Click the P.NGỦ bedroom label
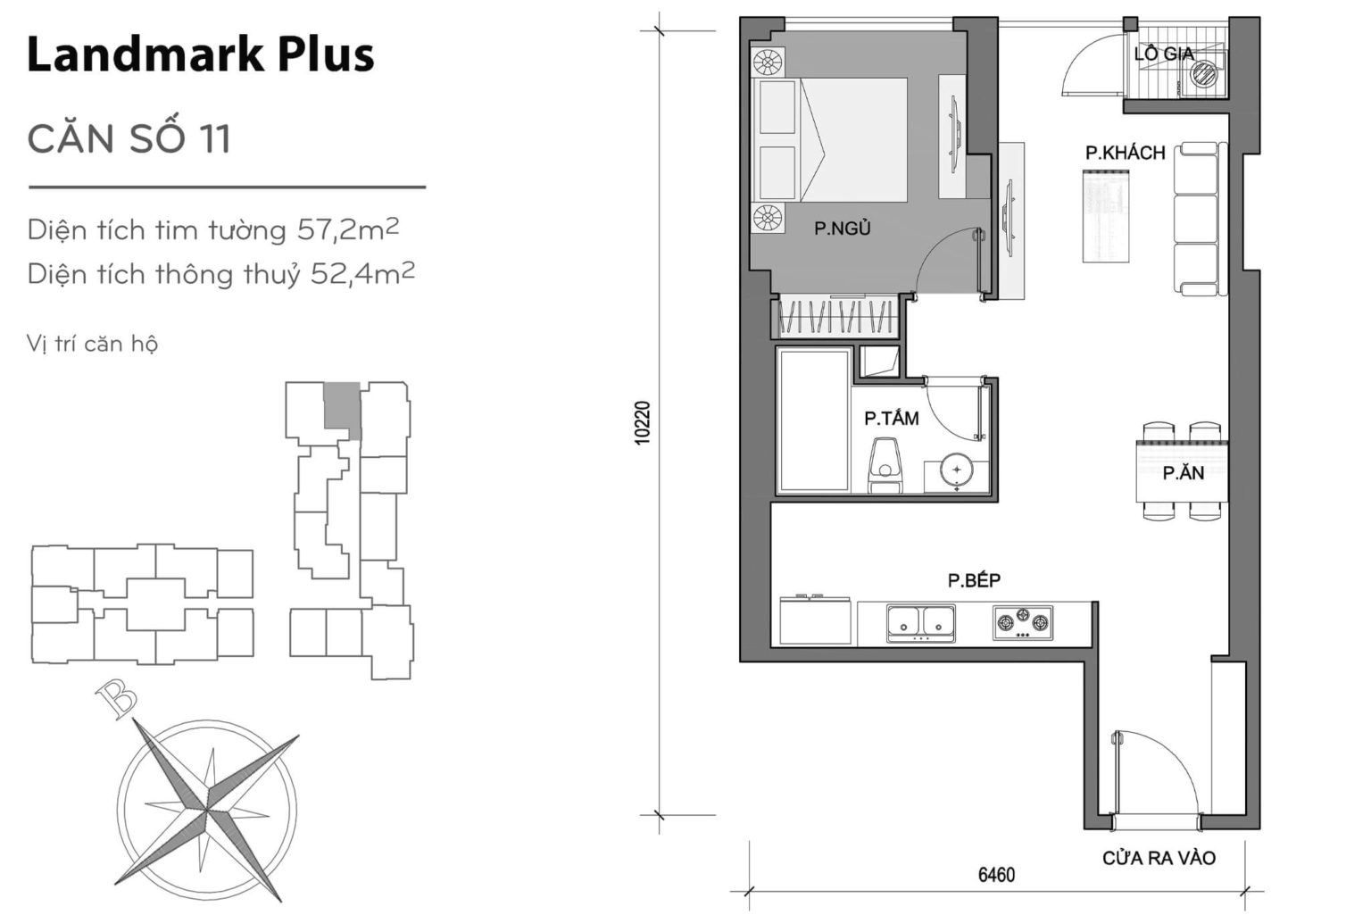tap(842, 229)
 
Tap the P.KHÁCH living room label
tap(1125, 153)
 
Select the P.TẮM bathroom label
tap(891, 418)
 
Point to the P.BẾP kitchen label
tap(974, 580)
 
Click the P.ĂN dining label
tap(1183, 473)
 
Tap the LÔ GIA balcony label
tap(1163, 54)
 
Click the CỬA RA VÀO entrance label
tap(1159, 858)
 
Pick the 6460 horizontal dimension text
tap(996, 875)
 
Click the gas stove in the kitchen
tap(1022, 622)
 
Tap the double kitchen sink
tap(921, 622)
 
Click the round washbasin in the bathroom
tap(957, 470)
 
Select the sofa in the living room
tap(1196, 219)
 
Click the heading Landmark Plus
tap(201, 54)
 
